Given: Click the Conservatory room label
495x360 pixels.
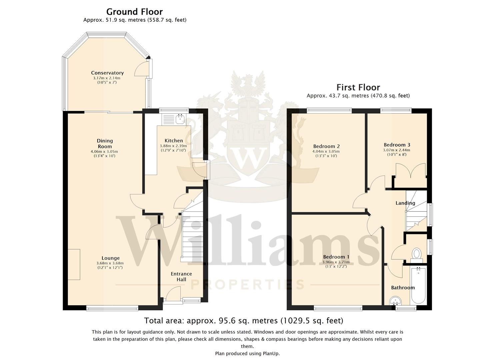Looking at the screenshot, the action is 107,73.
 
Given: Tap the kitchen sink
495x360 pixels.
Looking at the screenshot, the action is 180,119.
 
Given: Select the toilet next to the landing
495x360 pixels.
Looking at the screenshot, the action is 417,255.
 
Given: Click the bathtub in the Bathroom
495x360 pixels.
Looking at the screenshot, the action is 418,286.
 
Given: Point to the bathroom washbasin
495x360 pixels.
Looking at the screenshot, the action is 396,301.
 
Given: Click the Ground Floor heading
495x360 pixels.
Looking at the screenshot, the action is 134,11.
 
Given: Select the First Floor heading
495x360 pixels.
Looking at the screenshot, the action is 358,88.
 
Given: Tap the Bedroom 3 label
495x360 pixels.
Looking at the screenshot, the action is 397,145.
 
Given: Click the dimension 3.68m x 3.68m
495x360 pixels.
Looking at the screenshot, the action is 110,263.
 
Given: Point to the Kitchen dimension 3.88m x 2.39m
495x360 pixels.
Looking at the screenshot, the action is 173,146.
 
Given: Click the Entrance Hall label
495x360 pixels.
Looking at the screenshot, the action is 181,277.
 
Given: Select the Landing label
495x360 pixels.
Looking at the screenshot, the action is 405,203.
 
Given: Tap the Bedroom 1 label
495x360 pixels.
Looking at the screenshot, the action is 336,257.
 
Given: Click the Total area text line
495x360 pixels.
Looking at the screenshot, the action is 244,320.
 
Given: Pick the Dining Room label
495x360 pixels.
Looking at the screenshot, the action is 105,143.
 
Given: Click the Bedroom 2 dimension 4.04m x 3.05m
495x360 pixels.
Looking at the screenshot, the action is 326,151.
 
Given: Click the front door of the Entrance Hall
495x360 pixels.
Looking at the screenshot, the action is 173,293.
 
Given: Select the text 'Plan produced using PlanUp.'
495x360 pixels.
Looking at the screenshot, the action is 247,353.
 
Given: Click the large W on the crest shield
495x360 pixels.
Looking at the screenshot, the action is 249,158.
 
